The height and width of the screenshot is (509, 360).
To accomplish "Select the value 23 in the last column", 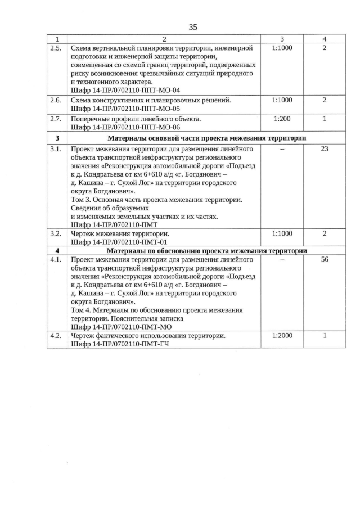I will pyautogui.click(x=325, y=149).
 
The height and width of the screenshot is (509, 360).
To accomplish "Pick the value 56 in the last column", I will pyautogui.click(x=325, y=260).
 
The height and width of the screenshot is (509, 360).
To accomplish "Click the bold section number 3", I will pyautogui.click(x=57, y=138).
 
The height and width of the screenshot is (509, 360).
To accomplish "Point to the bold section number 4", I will pyautogui.click(x=57, y=250).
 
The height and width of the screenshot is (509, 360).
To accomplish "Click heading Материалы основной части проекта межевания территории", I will pyautogui.click(x=207, y=138).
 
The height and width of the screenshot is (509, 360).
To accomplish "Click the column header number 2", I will pyautogui.click(x=164, y=39).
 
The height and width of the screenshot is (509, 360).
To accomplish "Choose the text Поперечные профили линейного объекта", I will pyautogui.click(x=136, y=120).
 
